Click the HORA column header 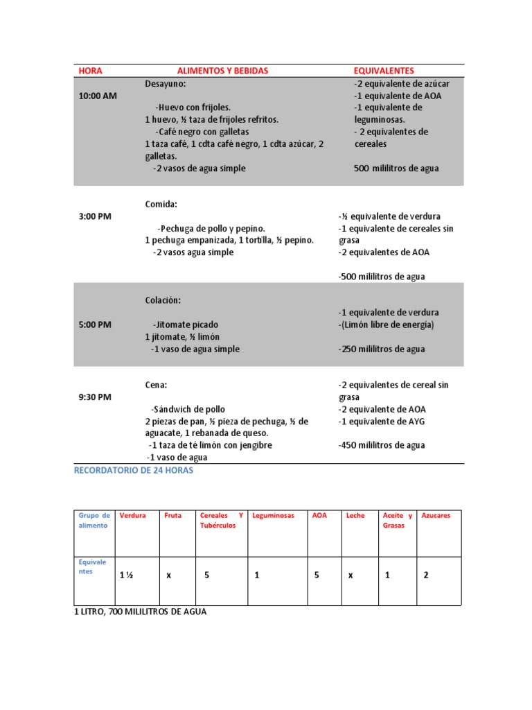pyautogui.click(x=90, y=71)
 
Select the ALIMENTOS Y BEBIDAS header pyautogui.click(x=222, y=71)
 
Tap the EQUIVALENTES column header pyautogui.click(x=384, y=71)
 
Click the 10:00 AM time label pyautogui.click(x=98, y=96)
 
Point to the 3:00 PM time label pyautogui.click(x=95, y=216)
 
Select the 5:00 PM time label pyautogui.click(x=95, y=324)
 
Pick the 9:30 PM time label pyautogui.click(x=95, y=397)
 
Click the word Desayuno pyautogui.click(x=166, y=84)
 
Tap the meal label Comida pyautogui.click(x=161, y=205)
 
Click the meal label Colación pyautogui.click(x=163, y=300)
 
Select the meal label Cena pyautogui.click(x=156, y=385)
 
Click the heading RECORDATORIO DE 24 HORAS pyautogui.click(x=134, y=470)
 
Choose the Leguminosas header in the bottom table pyautogui.click(x=274, y=516)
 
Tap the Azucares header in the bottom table pyautogui.click(x=436, y=516)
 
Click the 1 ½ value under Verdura pyautogui.click(x=126, y=575)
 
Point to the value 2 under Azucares pyautogui.click(x=426, y=575)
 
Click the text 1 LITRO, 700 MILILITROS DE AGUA pyautogui.click(x=140, y=612)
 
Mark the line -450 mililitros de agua pyautogui.click(x=382, y=445)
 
